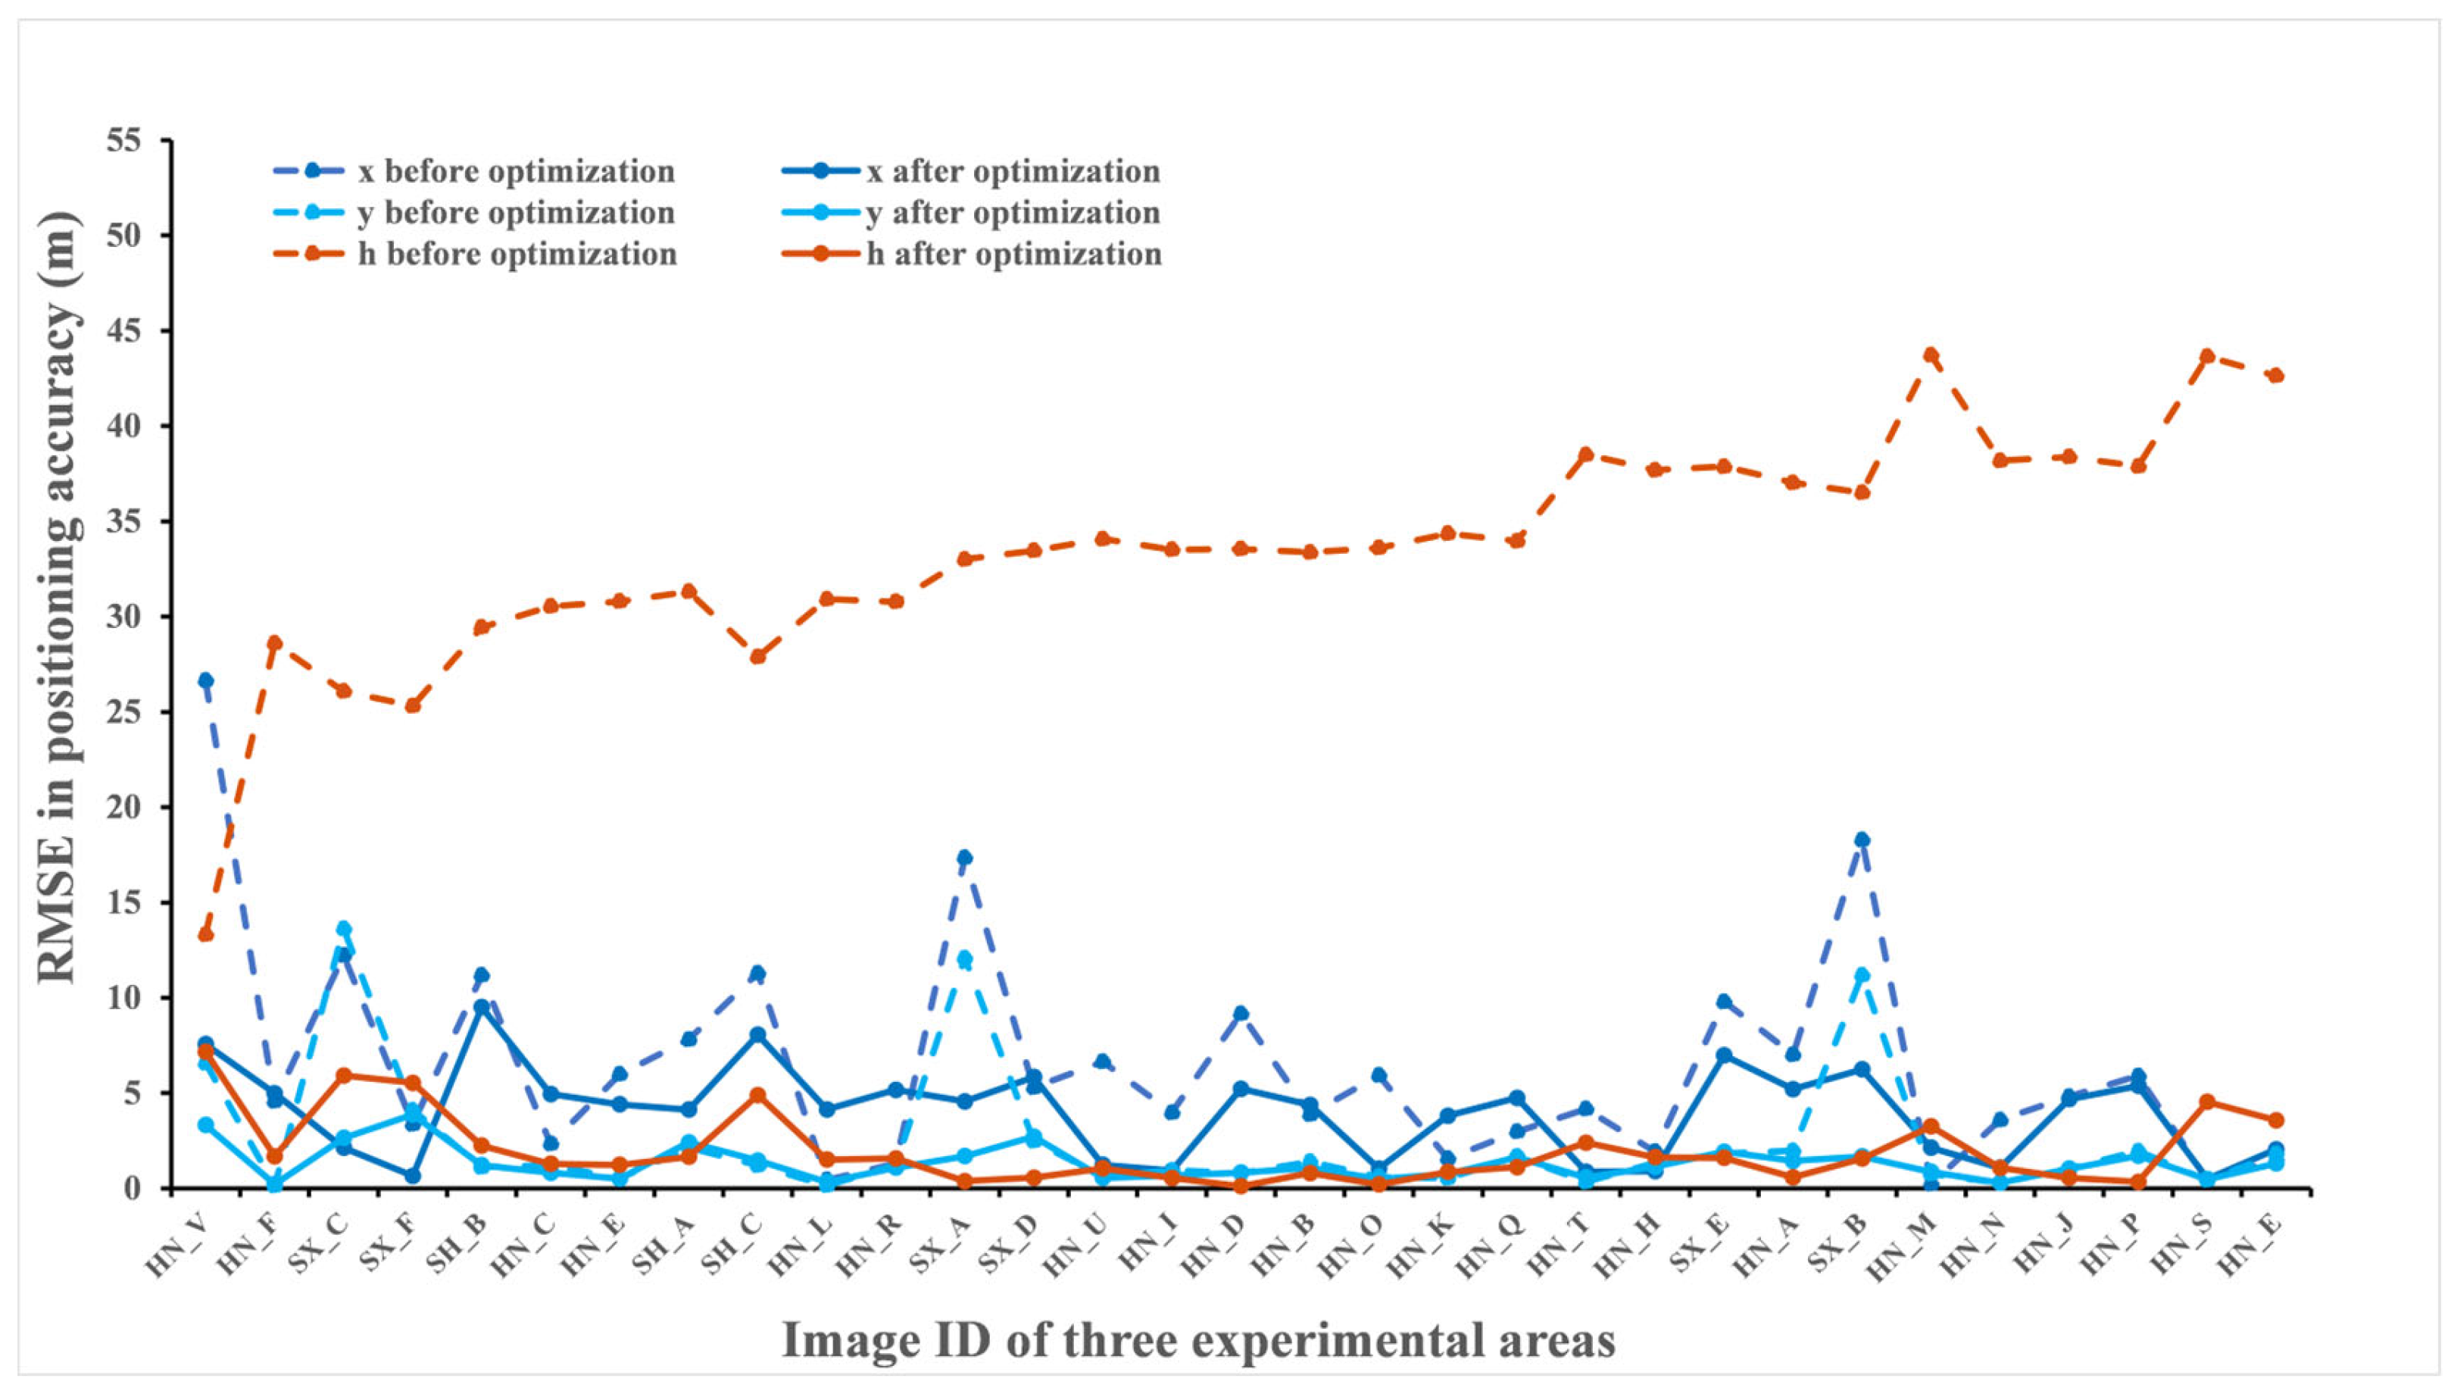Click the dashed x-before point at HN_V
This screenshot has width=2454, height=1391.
point(205,680)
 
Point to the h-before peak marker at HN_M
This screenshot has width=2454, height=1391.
point(1931,355)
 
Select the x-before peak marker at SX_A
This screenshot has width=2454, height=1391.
point(964,858)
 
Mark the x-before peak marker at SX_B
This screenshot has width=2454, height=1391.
point(1862,839)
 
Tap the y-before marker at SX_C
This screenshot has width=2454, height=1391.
point(344,929)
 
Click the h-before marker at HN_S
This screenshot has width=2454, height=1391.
point(2206,356)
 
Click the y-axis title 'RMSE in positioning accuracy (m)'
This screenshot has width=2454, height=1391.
point(58,597)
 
